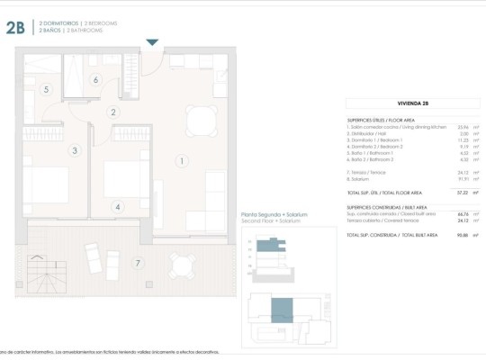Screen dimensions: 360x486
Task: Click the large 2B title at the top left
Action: coord(14,27)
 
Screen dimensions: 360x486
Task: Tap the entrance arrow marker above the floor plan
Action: coord(152,42)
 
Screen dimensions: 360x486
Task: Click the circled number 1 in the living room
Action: coord(182,161)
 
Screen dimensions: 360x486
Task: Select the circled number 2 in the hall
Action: coord(113,112)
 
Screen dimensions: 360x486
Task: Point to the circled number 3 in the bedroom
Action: coord(75,150)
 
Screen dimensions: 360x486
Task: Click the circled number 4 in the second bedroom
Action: coord(117,206)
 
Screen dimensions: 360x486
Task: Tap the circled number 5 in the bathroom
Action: coord(46,89)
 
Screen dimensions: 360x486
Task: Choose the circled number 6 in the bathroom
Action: coord(95,79)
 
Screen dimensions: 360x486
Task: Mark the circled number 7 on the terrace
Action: coord(137,263)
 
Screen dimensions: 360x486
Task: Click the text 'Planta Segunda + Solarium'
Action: coord(274,215)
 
